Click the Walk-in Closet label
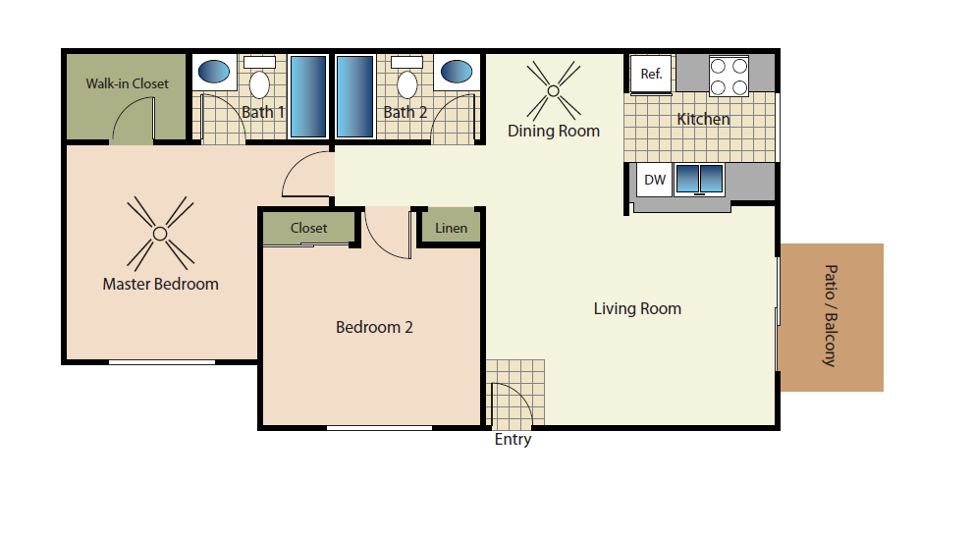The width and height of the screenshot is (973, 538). point(128,83)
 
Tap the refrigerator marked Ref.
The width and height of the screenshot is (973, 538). point(651,75)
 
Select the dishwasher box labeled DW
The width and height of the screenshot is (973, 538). point(655,180)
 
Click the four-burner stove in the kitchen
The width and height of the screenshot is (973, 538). point(729,76)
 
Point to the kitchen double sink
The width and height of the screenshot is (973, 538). point(699,179)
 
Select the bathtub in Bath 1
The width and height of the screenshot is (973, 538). point(308,96)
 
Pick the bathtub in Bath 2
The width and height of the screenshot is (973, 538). point(355,96)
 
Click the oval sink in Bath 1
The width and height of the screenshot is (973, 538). point(214,72)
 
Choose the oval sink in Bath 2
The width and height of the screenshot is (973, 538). point(457,72)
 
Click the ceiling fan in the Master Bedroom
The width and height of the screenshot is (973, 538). point(160,234)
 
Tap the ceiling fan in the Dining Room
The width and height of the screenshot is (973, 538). point(554,90)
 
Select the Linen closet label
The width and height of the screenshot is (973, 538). point(451,228)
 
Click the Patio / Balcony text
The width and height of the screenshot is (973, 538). point(831,316)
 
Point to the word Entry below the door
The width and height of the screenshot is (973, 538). point(514,440)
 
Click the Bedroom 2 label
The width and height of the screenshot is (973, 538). point(374,327)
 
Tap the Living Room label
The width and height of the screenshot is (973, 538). point(637,308)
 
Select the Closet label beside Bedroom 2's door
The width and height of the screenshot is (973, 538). point(309,228)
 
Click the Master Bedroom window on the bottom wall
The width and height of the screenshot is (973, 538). point(162,361)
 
